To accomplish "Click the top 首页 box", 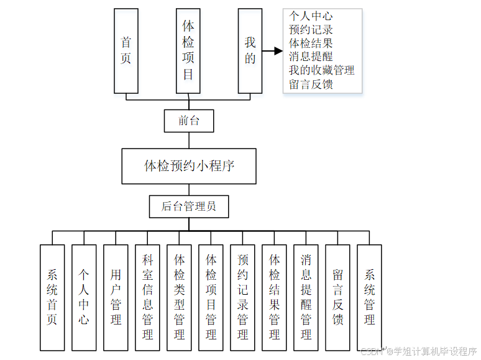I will coord(126,51).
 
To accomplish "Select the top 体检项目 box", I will coord(188,51).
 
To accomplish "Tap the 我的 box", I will coord(250,51).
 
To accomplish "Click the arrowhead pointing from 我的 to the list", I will coord(277,51).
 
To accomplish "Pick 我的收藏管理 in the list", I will coord(322,70).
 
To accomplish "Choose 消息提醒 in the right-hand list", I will coord(311,57).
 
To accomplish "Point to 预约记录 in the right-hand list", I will coord(311,29).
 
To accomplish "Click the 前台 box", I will coord(189,121).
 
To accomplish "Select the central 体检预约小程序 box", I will coord(189,166).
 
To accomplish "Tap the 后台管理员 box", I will coord(189,206).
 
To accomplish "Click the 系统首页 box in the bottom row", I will coord(52,297).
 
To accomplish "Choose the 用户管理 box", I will coord(116,297).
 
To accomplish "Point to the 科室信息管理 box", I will coord(147,297).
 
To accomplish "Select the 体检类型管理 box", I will coord(179,297).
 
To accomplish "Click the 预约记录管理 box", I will coord(242,297).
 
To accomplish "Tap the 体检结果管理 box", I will coord(274,297).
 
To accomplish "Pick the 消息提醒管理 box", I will coord(306,297).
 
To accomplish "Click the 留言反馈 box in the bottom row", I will coord(337,297).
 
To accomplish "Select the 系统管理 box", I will coord(369,297).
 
